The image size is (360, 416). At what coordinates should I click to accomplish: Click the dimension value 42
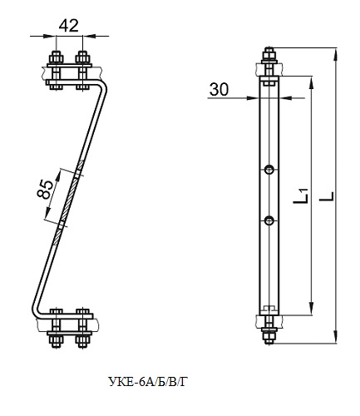[x=69, y=26]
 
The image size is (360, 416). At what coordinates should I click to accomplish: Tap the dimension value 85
[x=45, y=190]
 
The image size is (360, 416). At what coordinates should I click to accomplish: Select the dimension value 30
[x=219, y=89]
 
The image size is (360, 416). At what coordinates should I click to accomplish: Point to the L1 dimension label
[x=300, y=196]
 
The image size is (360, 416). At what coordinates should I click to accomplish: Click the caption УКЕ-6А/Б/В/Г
[x=148, y=382]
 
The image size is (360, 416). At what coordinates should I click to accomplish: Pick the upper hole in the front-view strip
[x=269, y=170]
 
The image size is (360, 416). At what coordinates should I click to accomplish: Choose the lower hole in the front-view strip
[x=269, y=220]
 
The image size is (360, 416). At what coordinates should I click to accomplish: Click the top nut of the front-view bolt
[x=269, y=57]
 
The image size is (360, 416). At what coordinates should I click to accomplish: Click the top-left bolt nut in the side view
[x=57, y=58]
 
